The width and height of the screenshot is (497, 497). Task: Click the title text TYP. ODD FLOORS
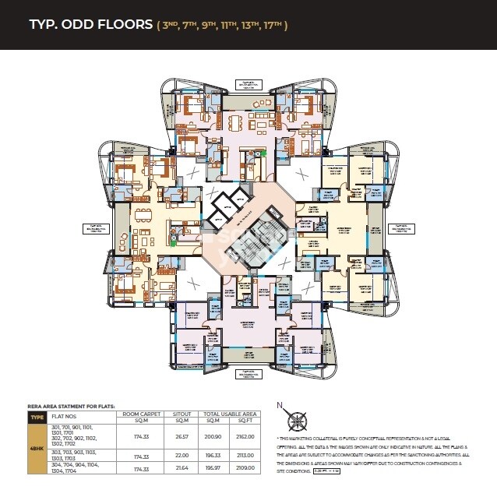[90, 24]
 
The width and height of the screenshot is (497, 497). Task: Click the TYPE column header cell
[37, 418]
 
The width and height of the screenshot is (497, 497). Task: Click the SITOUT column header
[185, 414]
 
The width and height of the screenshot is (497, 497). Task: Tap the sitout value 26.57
[185, 436]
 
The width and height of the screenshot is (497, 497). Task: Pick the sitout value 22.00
[185, 456]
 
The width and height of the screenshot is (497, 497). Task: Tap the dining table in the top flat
[237, 122]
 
